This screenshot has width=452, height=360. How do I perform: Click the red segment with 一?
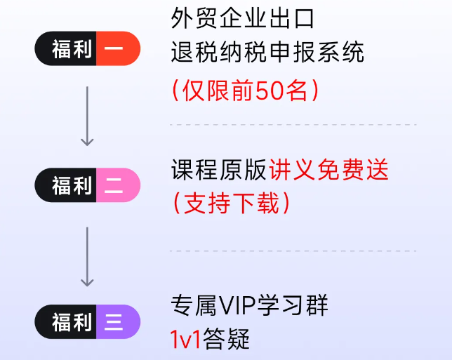(x=117, y=49)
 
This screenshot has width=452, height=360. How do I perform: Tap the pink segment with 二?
(x=117, y=185)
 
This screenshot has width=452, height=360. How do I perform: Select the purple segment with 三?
(x=117, y=322)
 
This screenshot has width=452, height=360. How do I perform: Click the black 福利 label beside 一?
(x=69, y=49)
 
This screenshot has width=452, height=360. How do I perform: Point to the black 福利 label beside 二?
(x=69, y=185)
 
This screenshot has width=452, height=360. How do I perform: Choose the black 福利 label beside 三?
(x=69, y=322)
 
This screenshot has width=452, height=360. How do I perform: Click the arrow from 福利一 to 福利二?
(x=87, y=116)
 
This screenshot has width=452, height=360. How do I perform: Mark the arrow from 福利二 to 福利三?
(x=87, y=256)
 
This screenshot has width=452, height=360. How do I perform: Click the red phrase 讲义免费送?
(x=329, y=171)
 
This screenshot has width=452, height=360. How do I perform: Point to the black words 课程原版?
(x=219, y=171)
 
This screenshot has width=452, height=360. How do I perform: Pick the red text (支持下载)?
(x=231, y=204)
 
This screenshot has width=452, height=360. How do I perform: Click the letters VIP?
(x=239, y=307)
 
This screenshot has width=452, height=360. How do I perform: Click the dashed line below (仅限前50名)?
(x=293, y=125)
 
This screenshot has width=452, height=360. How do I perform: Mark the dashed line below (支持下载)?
(x=293, y=251)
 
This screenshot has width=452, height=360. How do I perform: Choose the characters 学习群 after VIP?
(x=297, y=307)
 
